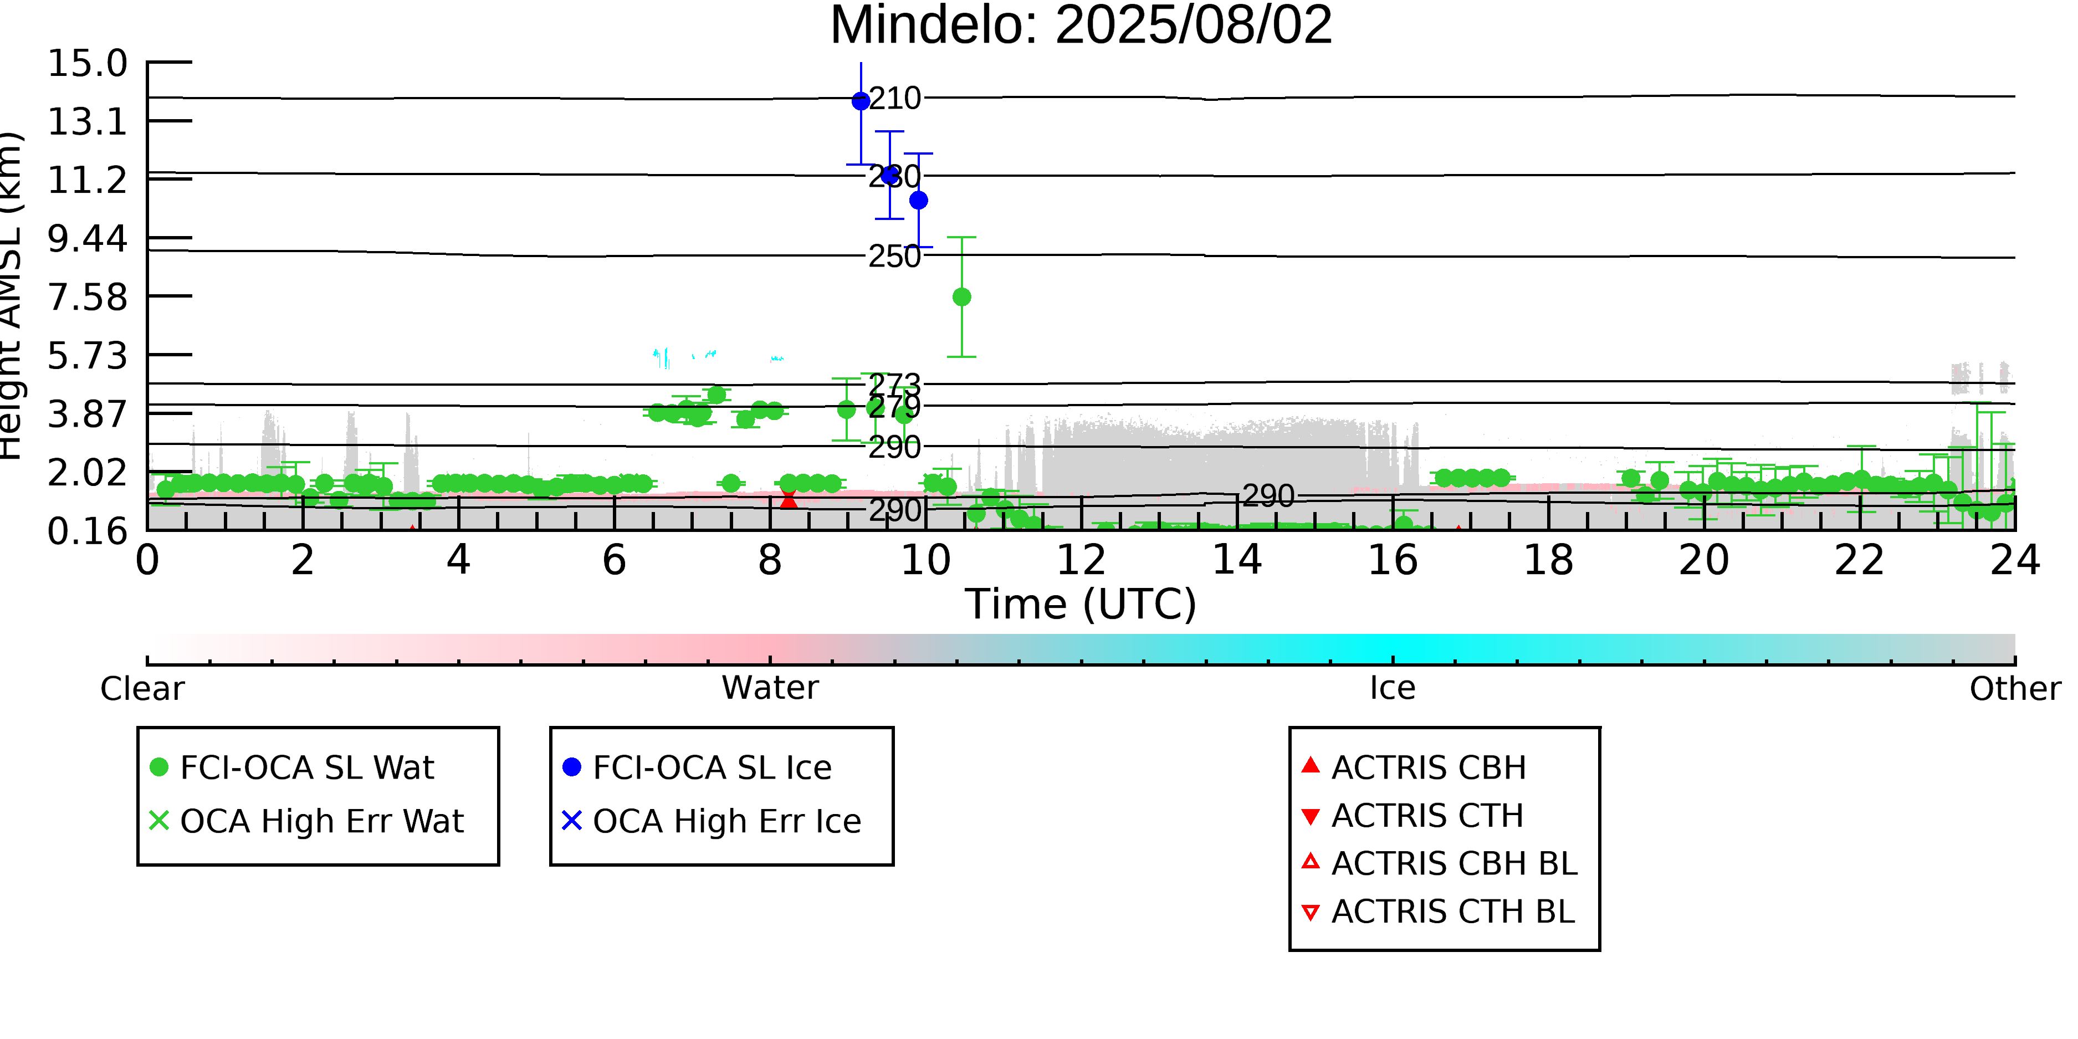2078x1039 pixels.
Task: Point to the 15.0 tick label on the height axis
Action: (x=87, y=64)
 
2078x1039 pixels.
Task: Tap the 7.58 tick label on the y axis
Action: (x=87, y=298)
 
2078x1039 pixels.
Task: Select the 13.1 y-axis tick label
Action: (x=87, y=122)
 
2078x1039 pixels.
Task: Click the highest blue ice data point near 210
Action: (x=861, y=101)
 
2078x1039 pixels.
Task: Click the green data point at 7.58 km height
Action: (x=961, y=298)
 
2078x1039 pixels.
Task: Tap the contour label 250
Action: (x=894, y=257)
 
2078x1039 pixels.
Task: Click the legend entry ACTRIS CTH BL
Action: (x=1452, y=912)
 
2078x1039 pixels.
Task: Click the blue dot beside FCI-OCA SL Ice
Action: (x=572, y=767)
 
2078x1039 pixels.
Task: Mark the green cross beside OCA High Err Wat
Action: (x=159, y=821)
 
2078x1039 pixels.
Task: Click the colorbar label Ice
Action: (x=1393, y=688)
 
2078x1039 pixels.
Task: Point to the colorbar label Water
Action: (x=770, y=688)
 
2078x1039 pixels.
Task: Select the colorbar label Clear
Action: (x=142, y=689)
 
